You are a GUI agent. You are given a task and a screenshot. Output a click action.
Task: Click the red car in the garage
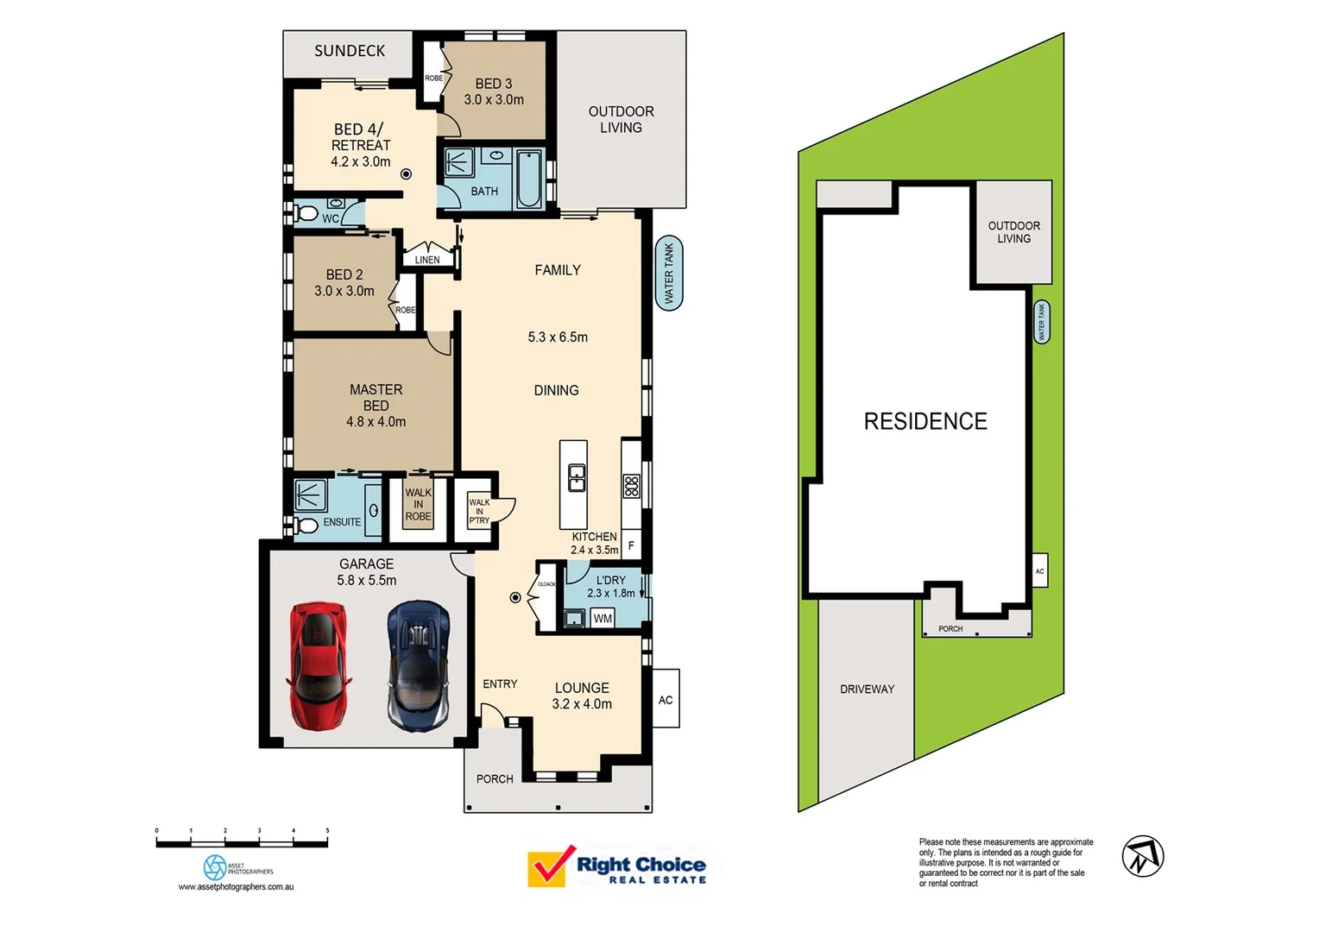tap(319, 665)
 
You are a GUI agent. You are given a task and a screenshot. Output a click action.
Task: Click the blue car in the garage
tap(418, 665)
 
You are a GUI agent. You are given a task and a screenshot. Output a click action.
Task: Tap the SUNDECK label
tap(350, 51)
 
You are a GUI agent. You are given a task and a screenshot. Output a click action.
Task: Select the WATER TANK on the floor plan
tap(669, 274)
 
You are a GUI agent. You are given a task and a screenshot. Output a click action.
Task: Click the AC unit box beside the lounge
tap(666, 699)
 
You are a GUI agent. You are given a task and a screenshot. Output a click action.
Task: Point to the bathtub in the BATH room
tap(528, 179)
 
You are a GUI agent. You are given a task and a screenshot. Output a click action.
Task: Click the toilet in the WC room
tap(306, 212)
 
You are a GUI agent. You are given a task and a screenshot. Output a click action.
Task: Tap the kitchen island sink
tap(576, 477)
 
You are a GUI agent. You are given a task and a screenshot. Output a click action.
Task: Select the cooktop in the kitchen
tap(632, 486)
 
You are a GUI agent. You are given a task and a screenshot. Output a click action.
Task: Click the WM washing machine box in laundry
tap(603, 618)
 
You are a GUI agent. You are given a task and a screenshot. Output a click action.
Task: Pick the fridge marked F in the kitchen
tap(631, 545)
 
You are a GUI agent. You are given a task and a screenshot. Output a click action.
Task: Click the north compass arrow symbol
tap(1142, 856)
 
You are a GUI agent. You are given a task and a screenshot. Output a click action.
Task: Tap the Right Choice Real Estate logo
tap(616, 866)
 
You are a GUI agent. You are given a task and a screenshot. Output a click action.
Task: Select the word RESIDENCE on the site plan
tap(925, 421)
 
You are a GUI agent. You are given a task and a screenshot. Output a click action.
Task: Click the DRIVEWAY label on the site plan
tap(867, 689)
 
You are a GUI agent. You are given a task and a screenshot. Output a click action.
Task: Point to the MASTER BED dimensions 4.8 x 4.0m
tap(376, 422)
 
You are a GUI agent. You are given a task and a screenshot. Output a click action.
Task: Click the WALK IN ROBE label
tap(418, 505)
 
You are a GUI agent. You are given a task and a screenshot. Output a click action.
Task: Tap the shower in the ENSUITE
tap(310, 495)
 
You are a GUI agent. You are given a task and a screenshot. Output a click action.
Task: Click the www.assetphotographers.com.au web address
tap(236, 886)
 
